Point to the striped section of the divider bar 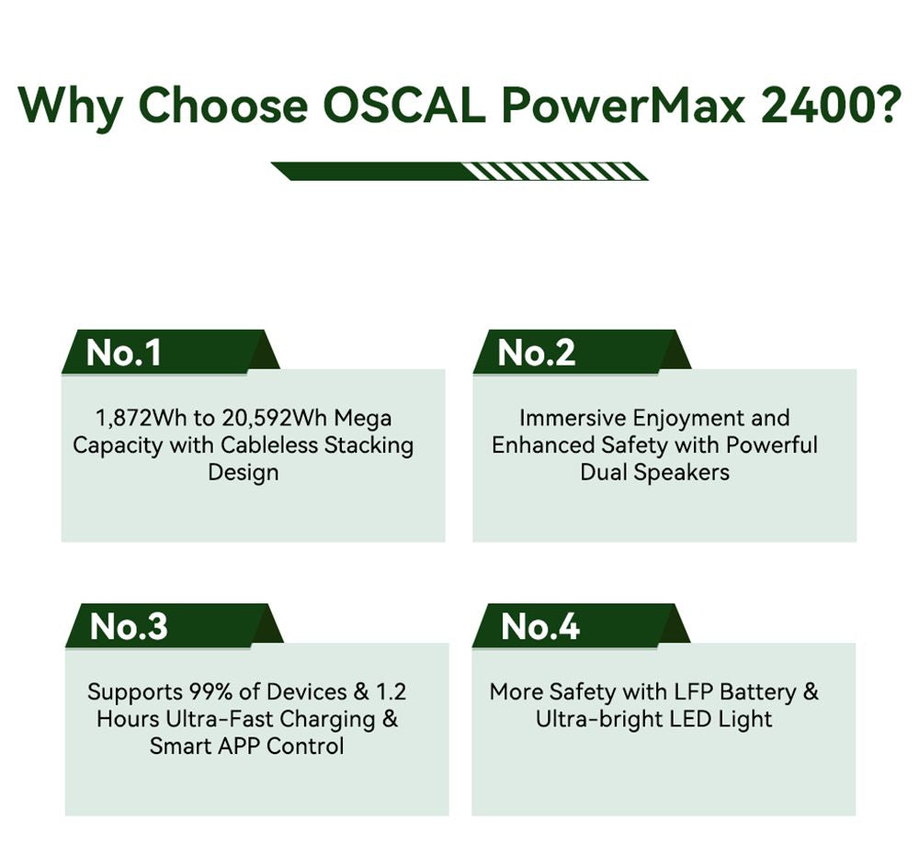(551, 171)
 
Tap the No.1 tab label (123, 353)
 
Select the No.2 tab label (536, 353)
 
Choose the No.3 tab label (129, 626)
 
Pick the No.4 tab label (540, 626)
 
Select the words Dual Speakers (654, 472)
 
